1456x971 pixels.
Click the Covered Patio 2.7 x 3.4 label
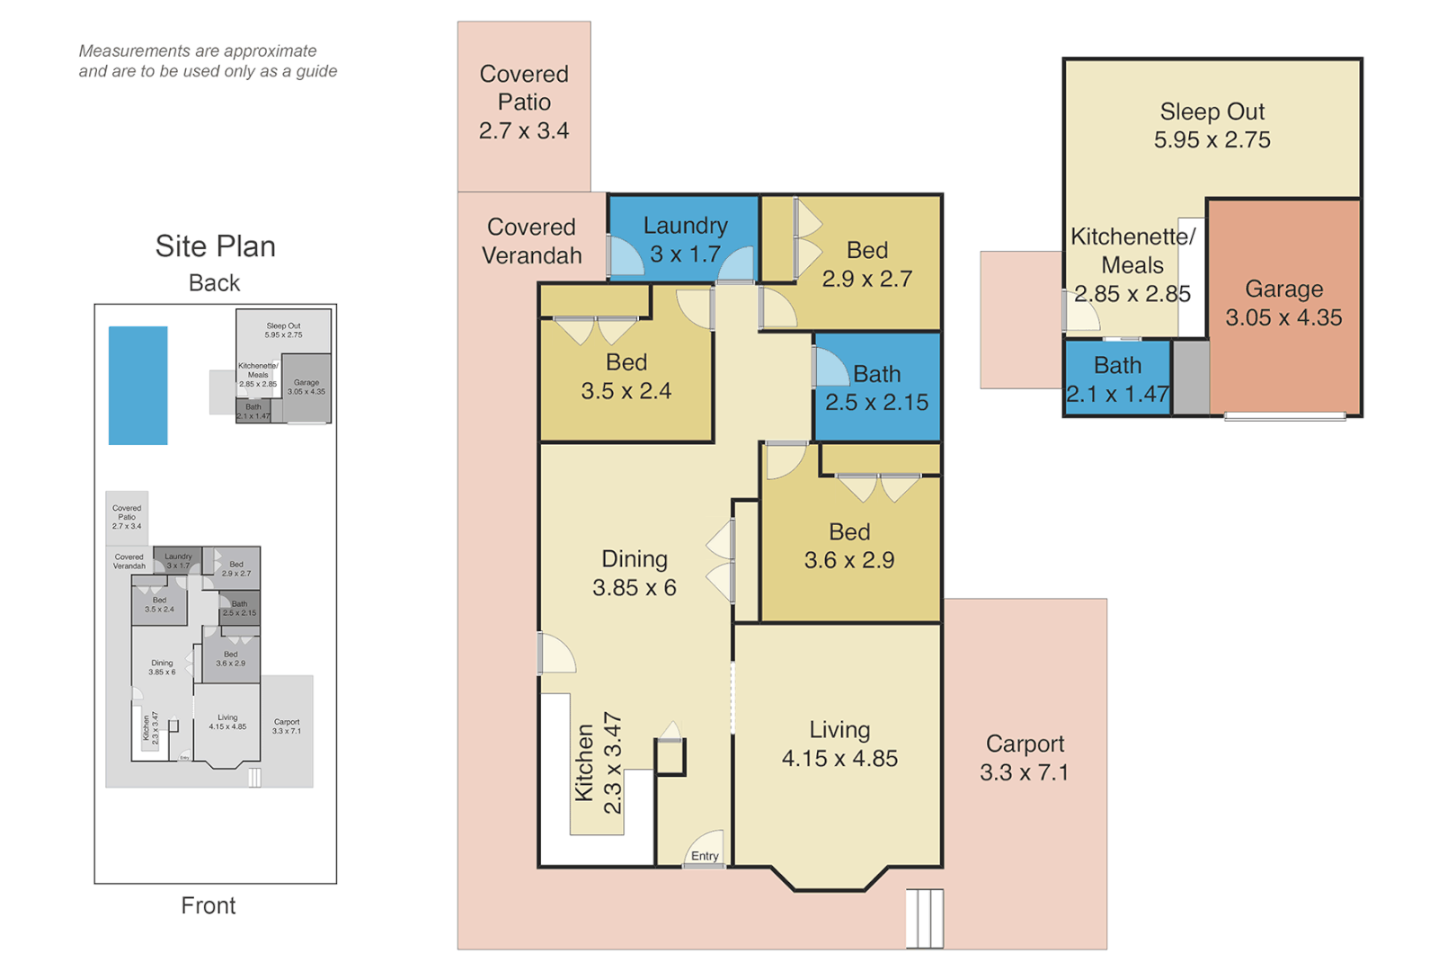524,102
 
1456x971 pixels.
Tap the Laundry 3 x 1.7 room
685,239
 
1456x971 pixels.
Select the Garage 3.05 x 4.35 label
1283,303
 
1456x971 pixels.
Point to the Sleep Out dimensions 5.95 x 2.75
1212,140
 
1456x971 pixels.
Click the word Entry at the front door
705,856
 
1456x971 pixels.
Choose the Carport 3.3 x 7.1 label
1025,758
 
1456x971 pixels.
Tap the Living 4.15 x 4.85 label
839,744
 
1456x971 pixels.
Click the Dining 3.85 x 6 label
635,573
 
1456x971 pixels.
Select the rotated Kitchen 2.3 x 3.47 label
599,763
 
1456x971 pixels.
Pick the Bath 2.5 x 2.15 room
876,388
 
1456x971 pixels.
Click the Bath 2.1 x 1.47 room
1117,379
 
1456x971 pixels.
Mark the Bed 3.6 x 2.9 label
849,546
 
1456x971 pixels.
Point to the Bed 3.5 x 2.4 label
626,376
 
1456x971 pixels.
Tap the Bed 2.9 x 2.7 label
866,264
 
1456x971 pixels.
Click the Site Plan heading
215,246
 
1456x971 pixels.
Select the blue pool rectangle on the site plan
138,385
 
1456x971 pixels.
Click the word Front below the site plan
209,905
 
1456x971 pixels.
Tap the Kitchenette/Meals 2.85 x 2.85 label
1132,265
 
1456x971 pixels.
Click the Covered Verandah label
531,241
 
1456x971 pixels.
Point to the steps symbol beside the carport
924,918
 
